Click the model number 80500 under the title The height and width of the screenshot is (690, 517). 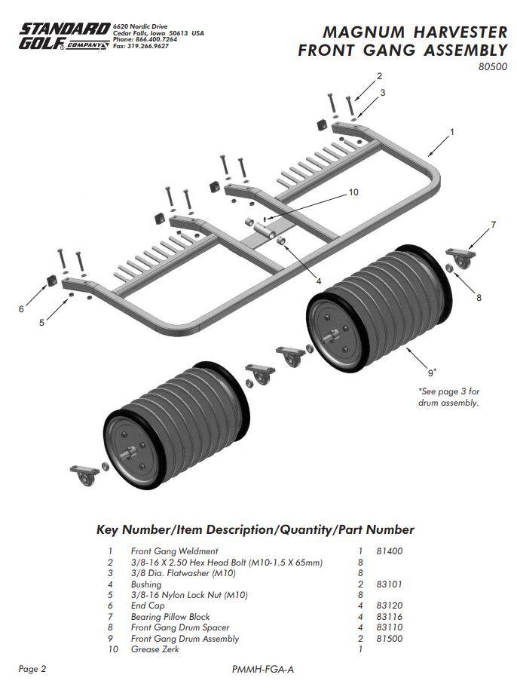(x=492, y=66)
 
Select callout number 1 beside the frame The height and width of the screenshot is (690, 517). (x=451, y=132)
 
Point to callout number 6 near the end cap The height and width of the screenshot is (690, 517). (x=22, y=308)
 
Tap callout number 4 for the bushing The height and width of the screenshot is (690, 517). (x=319, y=281)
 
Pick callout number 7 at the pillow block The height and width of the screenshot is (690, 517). (x=493, y=225)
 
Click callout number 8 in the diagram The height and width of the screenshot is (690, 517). (x=478, y=297)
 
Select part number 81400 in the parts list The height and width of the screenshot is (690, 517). (x=390, y=551)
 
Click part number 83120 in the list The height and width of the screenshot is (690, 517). (x=390, y=606)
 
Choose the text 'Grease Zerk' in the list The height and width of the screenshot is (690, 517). (x=155, y=649)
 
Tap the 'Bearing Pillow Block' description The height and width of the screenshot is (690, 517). (x=170, y=617)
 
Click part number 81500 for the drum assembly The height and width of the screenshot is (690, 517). (x=390, y=639)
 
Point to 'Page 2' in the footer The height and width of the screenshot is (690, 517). (x=33, y=669)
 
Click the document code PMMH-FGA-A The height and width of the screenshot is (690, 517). (x=262, y=669)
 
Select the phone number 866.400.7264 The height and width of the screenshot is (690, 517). (x=156, y=39)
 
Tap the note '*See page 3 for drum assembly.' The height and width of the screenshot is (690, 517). (x=448, y=397)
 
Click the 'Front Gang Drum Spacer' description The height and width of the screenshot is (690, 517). (x=180, y=627)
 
